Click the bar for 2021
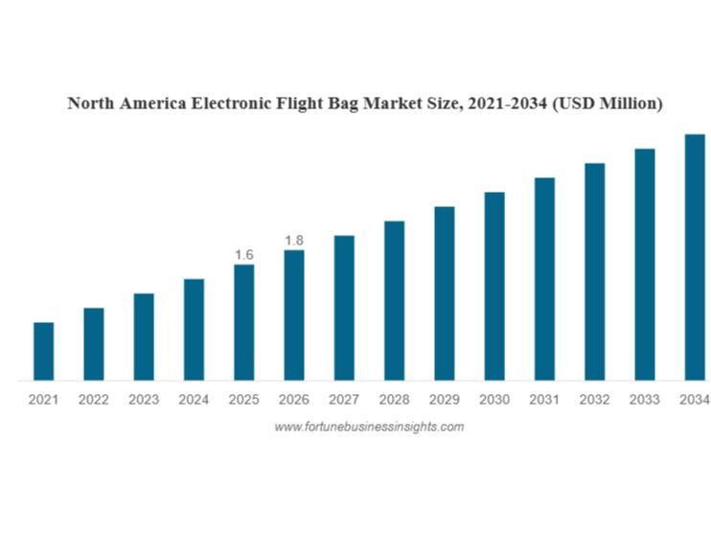click(43, 351)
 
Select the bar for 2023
click(144, 337)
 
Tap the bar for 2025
click(244, 322)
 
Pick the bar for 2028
click(394, 300)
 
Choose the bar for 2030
click(494, 286)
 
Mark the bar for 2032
click(595, 271)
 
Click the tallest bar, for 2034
click(695, 257)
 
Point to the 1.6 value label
click(244, 254)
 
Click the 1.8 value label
click(294, 240)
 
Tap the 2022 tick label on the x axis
click(94, 400)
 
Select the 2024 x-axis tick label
click(194, 400)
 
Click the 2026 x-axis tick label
click(294, 400)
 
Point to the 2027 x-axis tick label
click(344, 400)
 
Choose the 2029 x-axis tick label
click(445, 400)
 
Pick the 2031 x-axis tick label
click(544, 400)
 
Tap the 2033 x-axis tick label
click(645, 400)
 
